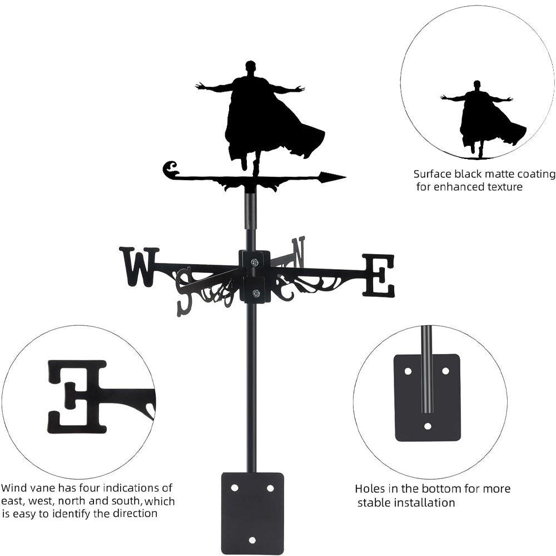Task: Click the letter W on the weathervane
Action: point(139,267)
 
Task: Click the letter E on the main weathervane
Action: point(379,275)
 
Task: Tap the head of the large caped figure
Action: point(251,68)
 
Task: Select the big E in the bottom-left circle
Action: point(77,396)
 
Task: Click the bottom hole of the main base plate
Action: point(252,540)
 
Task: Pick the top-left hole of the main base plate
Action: point(234,488)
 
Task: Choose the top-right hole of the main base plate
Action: point(270,488)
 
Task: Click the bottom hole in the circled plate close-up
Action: point(428,426)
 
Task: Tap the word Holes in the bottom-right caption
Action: point(369,489)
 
